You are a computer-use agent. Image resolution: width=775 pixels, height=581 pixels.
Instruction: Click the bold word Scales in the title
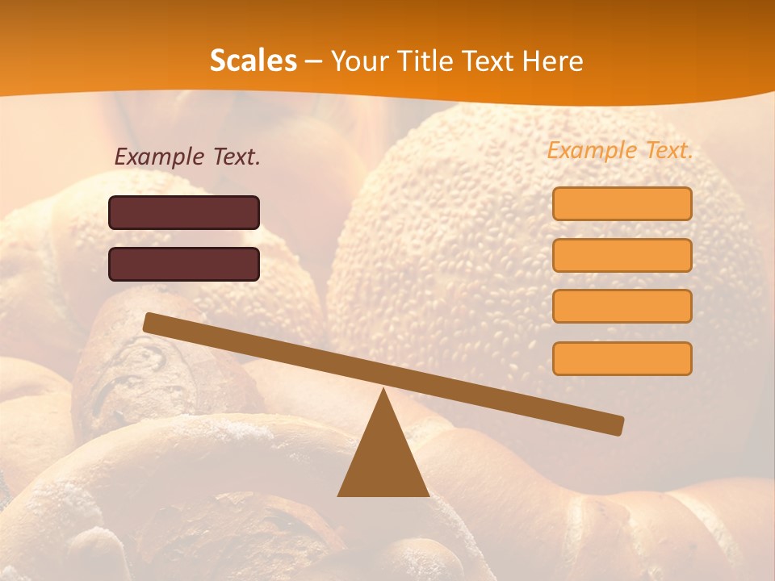253,61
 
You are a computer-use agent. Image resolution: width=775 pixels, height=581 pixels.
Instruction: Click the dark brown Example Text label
187,157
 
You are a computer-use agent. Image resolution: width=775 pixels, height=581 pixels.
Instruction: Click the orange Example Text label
620,150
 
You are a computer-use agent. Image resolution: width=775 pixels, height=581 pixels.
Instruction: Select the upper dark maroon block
184,212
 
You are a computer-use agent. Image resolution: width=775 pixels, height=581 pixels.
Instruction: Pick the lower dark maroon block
184,264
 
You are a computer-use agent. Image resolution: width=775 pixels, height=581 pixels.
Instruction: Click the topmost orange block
622,203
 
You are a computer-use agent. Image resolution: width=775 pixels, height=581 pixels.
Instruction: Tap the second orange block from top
622,255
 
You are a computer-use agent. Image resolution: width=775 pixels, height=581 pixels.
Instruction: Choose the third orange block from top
622,307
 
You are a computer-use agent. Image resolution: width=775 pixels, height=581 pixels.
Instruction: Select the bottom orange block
622,358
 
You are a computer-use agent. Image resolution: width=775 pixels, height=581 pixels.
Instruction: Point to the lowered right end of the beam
617,425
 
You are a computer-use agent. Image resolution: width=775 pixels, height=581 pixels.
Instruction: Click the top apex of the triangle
384,391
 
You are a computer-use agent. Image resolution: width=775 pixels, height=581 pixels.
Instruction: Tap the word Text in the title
483,61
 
